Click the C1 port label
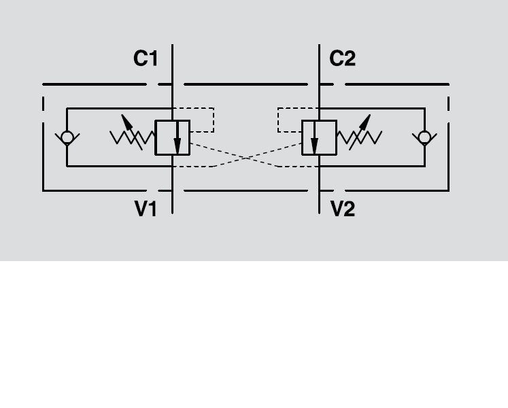pyautogui.click(x=146, y=59)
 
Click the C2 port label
pyautogui.click(x=342, y=59)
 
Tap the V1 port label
pyautogui.click(x=146, y=209)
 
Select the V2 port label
pyautogui.click(x=343, y=209)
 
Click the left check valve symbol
pyautogui.click(x=67, y=137)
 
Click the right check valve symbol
pyautogui.click(x=425, y=137)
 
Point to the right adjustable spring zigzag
pyautogui.click(x=360, y=138)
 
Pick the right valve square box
pyautogui.click(x=319, y=137)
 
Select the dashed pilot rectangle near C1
pyautogui.click(x=202, y=120)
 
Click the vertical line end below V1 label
pyautogui.click(x=173, y=213)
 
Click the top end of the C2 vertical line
pyautogui.click(x=320, y=46)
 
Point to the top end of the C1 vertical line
pyautogui.click(x=173, y=46)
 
